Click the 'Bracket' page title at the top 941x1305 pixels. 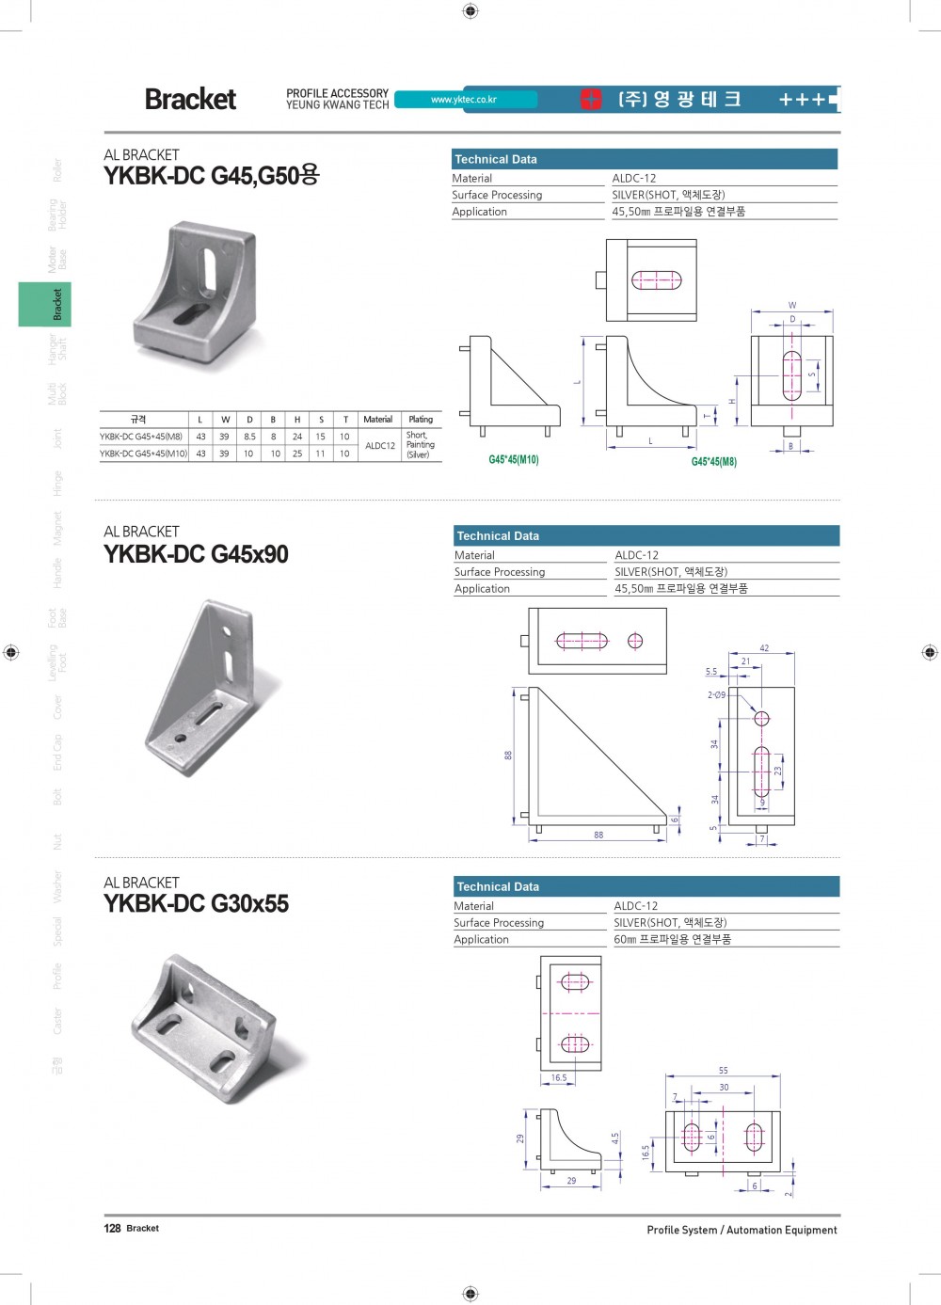pyautogui.click(x=190, y=99)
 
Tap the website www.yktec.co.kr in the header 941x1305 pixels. pyautogui.click(x=463, y=100)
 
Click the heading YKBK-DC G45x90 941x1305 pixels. pyautogui.click(x=196, y=554)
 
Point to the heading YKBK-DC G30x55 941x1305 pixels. pyautogui.click(x=196, y=904)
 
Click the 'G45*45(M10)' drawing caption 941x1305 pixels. pyautogui.click(x=514, y=460)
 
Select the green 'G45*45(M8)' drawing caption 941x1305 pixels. pyautogui.click(x=714, y=462)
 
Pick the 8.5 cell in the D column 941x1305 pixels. pyautogui.click(x=249, y=437)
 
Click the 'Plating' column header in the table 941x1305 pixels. pyautogui.click(x=421, y=420)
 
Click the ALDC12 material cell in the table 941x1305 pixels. pyautogui.click(x=380, y=446)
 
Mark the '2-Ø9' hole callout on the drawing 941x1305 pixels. pyautogui.click(x=716, y=695)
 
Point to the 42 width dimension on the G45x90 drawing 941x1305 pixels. pyautogui.click(x=764, y=648)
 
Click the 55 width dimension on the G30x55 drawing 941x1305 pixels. pyautogui.click(x=723, y=1071)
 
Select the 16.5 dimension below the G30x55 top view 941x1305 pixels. pyautogui.click(x=559, y=1078)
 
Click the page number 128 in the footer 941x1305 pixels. pyautogui.click(x=112, y=1229)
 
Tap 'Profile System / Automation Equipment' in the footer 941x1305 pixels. pyautogui.click(x=742, y=1230)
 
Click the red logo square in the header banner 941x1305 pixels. pyautogui.click(x=591, y=99)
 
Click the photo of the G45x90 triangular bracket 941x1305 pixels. pyautogui.click(x=212, y=690)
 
